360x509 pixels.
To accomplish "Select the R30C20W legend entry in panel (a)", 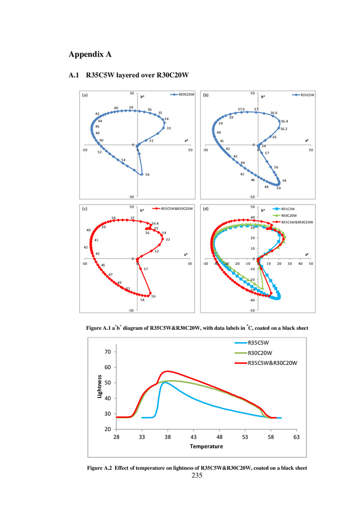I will (182, 95).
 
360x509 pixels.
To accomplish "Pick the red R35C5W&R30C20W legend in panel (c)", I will (174, 208).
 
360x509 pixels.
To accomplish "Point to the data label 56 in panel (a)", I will (147, 175).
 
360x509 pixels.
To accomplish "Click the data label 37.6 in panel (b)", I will (241, 109).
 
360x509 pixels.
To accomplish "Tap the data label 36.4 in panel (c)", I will (155, 223).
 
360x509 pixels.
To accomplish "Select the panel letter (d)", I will (206, 209).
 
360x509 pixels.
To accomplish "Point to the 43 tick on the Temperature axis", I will (193, 437).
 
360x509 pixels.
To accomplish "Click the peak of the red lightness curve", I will (167, 371).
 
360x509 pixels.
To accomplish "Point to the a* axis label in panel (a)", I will (183, 140).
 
